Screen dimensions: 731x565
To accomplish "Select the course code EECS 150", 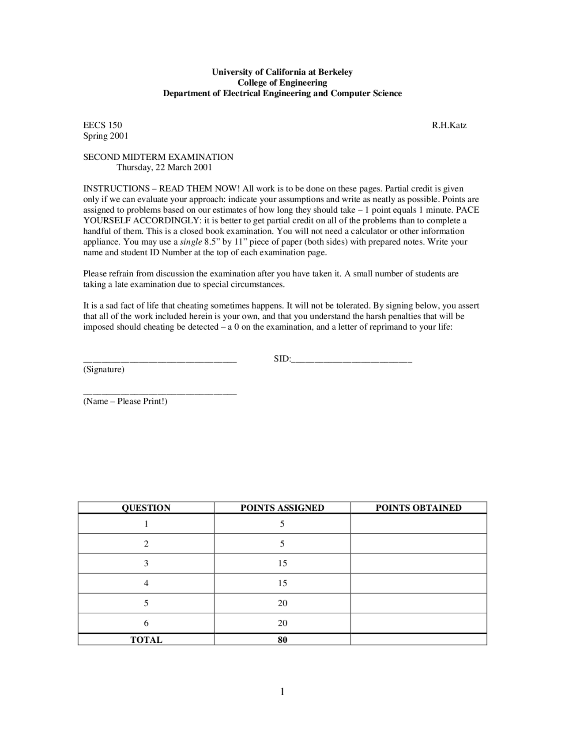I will (102, 125).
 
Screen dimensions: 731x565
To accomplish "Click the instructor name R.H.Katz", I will (449, 125).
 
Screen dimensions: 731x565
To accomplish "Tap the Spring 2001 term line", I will (106, 136).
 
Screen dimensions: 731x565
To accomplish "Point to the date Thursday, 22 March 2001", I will (164, 167).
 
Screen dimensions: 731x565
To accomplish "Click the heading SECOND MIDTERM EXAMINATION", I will (158, 157).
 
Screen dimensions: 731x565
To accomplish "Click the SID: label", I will (282, 359).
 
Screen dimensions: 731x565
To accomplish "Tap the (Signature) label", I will (104, 369).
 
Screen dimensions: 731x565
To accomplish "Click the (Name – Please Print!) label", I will (125, 401).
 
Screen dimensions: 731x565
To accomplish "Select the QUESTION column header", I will (146, 508).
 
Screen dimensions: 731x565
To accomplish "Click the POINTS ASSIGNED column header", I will (282, 508).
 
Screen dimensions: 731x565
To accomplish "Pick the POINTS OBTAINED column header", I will (418, 508).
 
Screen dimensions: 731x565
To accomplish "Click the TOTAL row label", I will (146, 640).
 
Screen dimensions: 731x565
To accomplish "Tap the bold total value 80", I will (282, 640).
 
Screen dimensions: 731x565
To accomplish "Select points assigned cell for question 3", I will (282, 564).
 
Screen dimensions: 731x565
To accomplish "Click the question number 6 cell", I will (146, 623).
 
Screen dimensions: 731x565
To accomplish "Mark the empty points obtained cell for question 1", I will (418, 524).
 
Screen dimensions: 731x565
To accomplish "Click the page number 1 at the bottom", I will (282, 692).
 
